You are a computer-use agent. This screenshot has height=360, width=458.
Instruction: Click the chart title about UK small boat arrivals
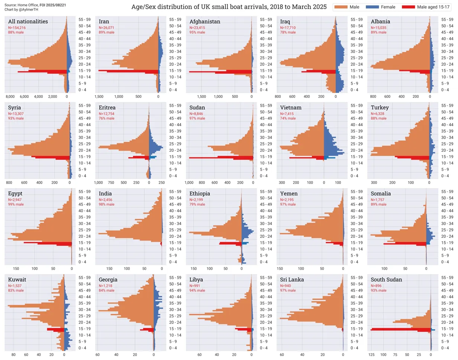(x=229, y=7)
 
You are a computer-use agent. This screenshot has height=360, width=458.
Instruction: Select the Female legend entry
(x=383, y=7)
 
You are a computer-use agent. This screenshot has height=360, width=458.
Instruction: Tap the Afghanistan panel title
(x=205, y=22)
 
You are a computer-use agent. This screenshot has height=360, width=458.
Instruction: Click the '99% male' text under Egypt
(x=16, y=204)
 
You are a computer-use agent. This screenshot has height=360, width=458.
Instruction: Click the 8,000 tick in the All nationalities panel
(x=10, y=97)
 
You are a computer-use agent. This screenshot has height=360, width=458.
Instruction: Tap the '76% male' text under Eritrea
(x=107, y=118)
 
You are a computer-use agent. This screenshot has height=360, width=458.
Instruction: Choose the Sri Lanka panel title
(x=293, y=280)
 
